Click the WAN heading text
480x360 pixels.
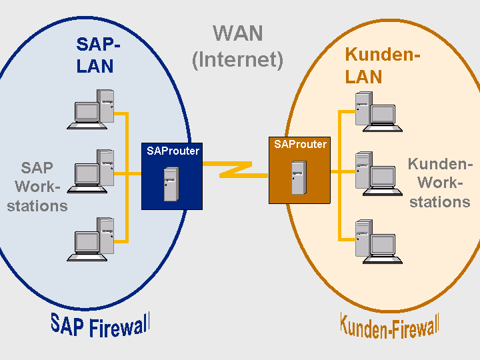[x=238, y=33]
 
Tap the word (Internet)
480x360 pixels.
[x=237, y=60]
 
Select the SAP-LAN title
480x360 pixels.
[x=98, y=55]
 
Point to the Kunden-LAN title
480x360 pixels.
[x=382, y=65]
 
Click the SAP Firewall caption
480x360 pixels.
[x=100, y=325]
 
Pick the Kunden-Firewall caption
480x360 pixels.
[x=390, y=326]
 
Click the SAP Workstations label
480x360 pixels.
[x=37, y=187]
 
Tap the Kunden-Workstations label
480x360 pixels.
[x=440, y=183]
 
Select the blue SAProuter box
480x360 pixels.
[x=172, y=176]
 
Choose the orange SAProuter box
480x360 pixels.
[x=300, y=170]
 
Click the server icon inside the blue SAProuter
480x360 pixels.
[x=171, y=184]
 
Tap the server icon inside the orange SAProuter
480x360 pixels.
[x=299, y=177]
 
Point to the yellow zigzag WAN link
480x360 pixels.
[x=236, y=169]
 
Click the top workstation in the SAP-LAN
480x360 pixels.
[x=91, y=109]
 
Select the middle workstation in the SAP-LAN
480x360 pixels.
[x=91, y=171]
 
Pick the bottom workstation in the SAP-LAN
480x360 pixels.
[x=91, y=239]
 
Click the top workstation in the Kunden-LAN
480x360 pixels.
[x=379, y=112]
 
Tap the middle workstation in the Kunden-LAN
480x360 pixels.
[x=379, y=173]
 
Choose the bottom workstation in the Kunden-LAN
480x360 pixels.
[x=379, y=241]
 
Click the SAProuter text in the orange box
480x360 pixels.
[x=300, y=144]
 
